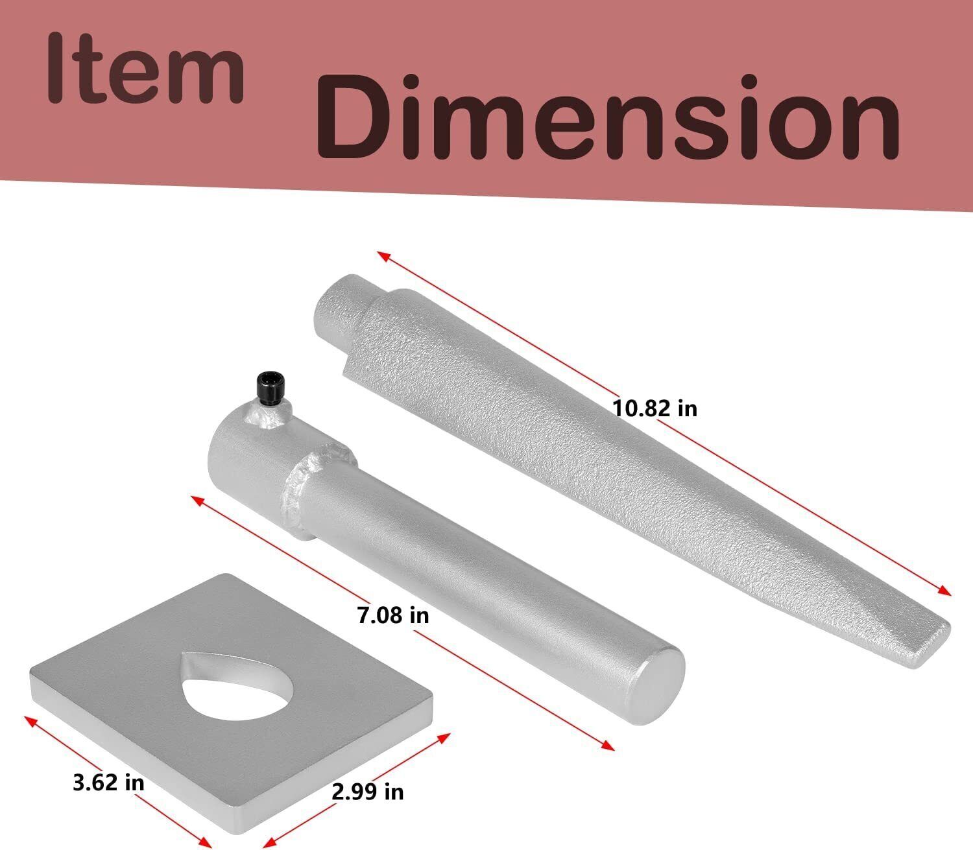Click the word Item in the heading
pyautogui.click(x=145, y=68)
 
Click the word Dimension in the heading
pyautogui.click(x=608, y=117)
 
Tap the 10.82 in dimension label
pyautogui.click(x=655, y=408)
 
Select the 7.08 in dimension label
pyautogui.click(x=393, y=616)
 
